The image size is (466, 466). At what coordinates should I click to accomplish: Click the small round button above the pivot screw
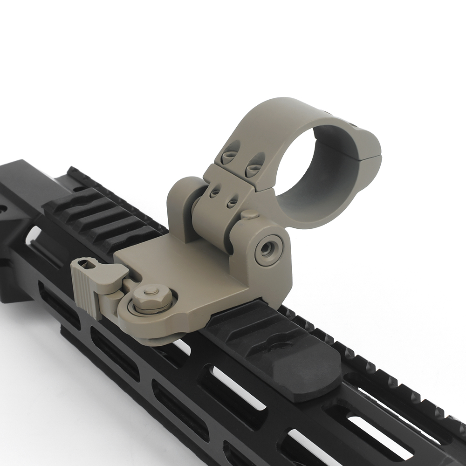250,214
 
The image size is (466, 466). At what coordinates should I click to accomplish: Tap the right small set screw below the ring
232,202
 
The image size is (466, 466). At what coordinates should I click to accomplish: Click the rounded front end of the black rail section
322,382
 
